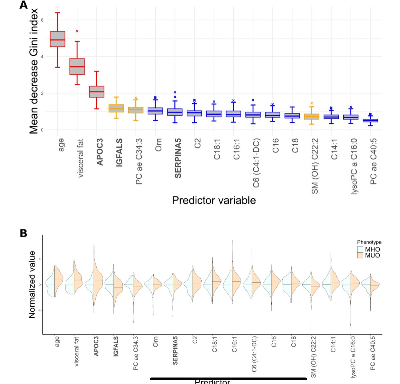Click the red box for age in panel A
coord(57,39)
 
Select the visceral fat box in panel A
coord(77,66)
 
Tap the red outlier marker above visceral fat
coord(77,31)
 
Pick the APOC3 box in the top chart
coord(97,91)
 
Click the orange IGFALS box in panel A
coord(116,108)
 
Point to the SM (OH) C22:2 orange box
coord(312,116)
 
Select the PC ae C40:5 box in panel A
coord(370,120)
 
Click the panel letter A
coord(23,5)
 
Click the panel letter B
coord(23,233)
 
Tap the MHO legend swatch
coord(360,249)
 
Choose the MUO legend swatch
coord(360,255)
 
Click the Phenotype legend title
coord(369,242)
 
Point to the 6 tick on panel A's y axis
coord(42,20)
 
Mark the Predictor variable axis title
coord(214,200)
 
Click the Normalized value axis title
coord(32,285)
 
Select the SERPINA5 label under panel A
coord(178,158)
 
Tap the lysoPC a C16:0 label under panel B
coord(353,357)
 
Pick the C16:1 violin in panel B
coord(232,284)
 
